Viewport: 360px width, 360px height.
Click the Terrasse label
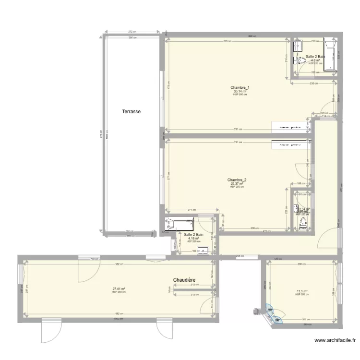tap(132, 111)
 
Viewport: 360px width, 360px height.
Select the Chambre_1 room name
tap(240, 87)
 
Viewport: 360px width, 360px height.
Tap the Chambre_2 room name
tap(237, 180)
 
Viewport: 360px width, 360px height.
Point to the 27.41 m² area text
tap(119, 289)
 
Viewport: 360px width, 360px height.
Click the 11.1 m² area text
tap(301, 291)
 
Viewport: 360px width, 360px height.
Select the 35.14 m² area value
tap(240, 91)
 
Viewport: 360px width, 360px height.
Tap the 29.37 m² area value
tap(237, 184)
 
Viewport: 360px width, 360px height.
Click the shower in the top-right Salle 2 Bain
tap(330, 54)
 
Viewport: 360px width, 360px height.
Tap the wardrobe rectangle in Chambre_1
tap(290, 127)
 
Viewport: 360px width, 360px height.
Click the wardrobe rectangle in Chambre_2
tap(290, 144)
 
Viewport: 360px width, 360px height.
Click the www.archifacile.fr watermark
tap(335, 341)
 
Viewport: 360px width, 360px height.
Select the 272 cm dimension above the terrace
tap(131, 32)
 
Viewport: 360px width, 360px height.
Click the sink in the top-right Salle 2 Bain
tap(298, 47)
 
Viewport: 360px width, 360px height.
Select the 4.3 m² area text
tap(315, 60)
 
